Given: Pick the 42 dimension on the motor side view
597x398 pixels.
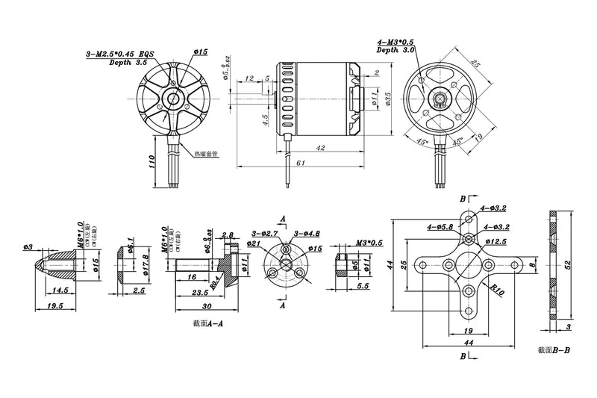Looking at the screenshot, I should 321,149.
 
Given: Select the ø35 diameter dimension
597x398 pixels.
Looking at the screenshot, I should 388,101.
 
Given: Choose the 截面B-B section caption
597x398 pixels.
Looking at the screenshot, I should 553,349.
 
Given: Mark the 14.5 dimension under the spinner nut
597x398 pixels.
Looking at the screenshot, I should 60,290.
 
